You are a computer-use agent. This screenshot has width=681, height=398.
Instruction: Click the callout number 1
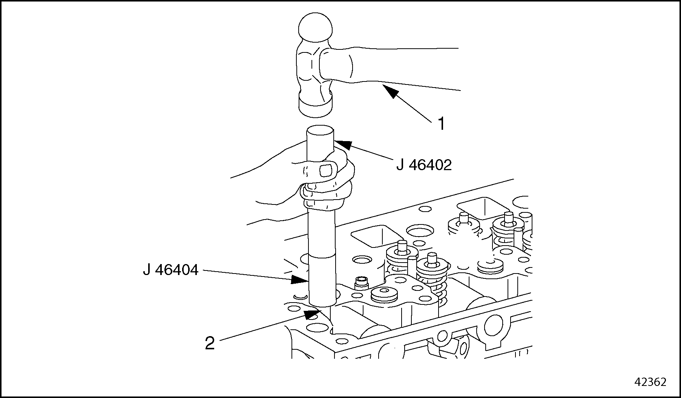coord(441,124)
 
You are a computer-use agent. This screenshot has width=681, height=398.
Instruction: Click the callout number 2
coord(210,343)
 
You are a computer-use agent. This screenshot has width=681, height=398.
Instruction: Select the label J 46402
coord(423,165)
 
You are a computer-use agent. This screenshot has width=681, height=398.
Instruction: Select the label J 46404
coord(170,270)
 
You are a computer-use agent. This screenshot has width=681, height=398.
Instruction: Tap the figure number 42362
coord(650,382)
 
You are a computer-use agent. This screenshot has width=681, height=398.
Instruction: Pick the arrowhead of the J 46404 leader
coord(300,280)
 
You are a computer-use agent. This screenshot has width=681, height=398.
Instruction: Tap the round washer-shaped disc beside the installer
coord(384,295)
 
